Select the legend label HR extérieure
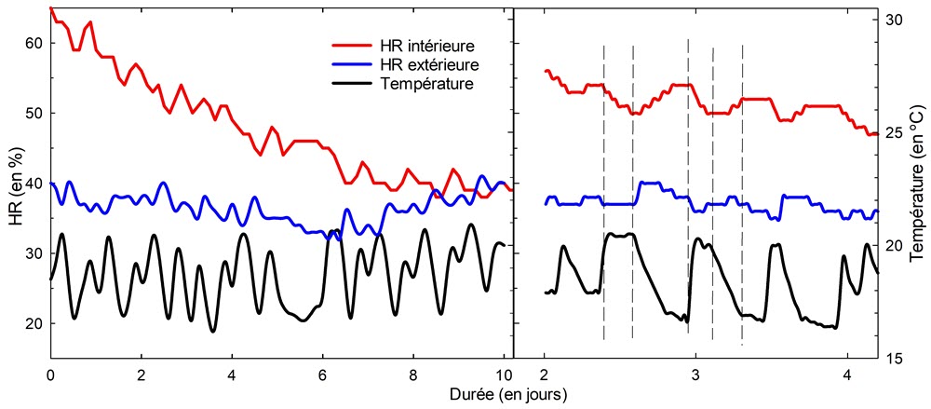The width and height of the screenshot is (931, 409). coord(430,64)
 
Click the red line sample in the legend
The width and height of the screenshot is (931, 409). coord(354,45)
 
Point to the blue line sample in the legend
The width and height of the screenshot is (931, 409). coord(354,64)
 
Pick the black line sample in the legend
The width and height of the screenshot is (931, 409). coord(354,84)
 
